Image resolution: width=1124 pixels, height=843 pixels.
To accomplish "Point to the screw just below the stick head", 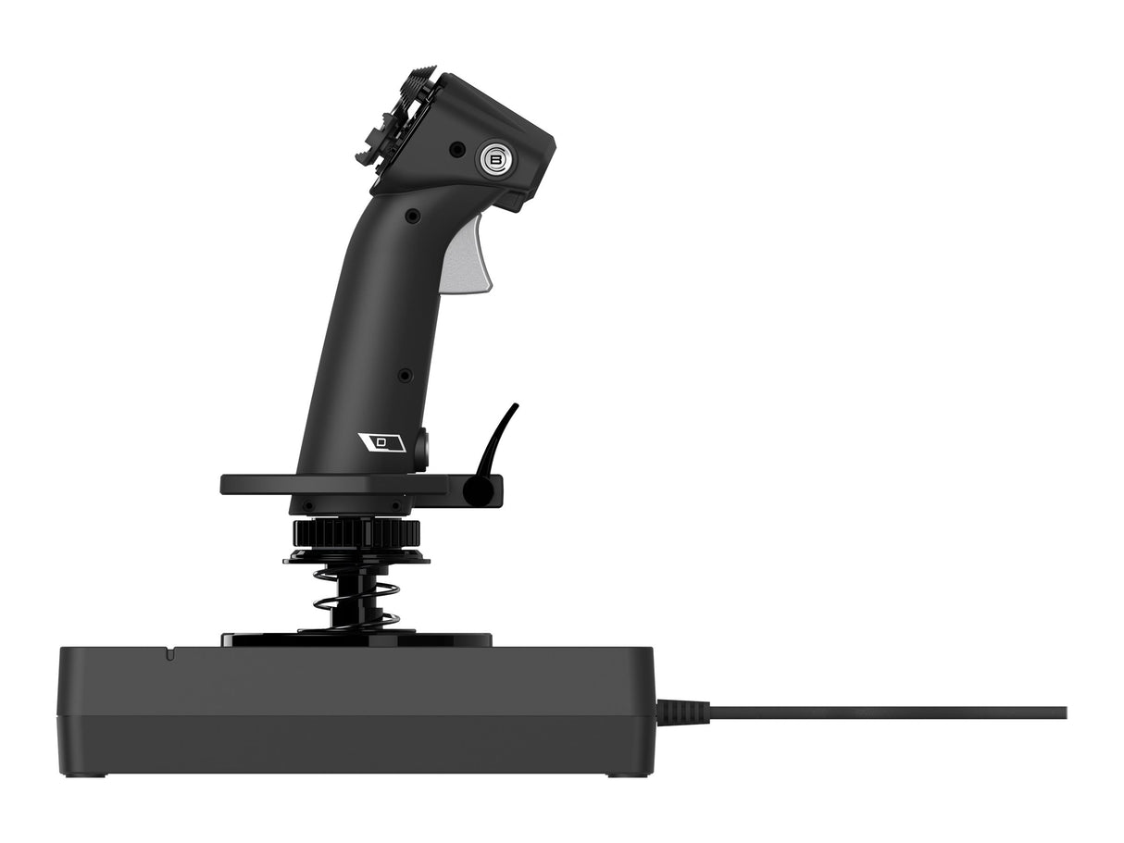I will click(412, 216).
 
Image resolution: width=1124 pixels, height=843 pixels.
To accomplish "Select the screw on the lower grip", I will click(405, 375).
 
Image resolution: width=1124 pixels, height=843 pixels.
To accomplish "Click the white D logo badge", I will click(381, 442).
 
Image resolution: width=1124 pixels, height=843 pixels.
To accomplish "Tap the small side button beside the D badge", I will click(422, 449).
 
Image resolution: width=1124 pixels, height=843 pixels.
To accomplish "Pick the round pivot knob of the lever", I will click(477, 490).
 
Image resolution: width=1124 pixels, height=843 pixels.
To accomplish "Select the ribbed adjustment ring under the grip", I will click(356, 533).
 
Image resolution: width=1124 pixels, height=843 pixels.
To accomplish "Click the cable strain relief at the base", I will click(683, 713).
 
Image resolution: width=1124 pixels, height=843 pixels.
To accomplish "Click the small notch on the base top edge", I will click(169, 652).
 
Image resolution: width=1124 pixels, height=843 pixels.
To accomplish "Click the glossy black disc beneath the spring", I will click(356, 638).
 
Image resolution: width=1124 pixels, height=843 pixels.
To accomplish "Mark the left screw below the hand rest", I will click(307, 506).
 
